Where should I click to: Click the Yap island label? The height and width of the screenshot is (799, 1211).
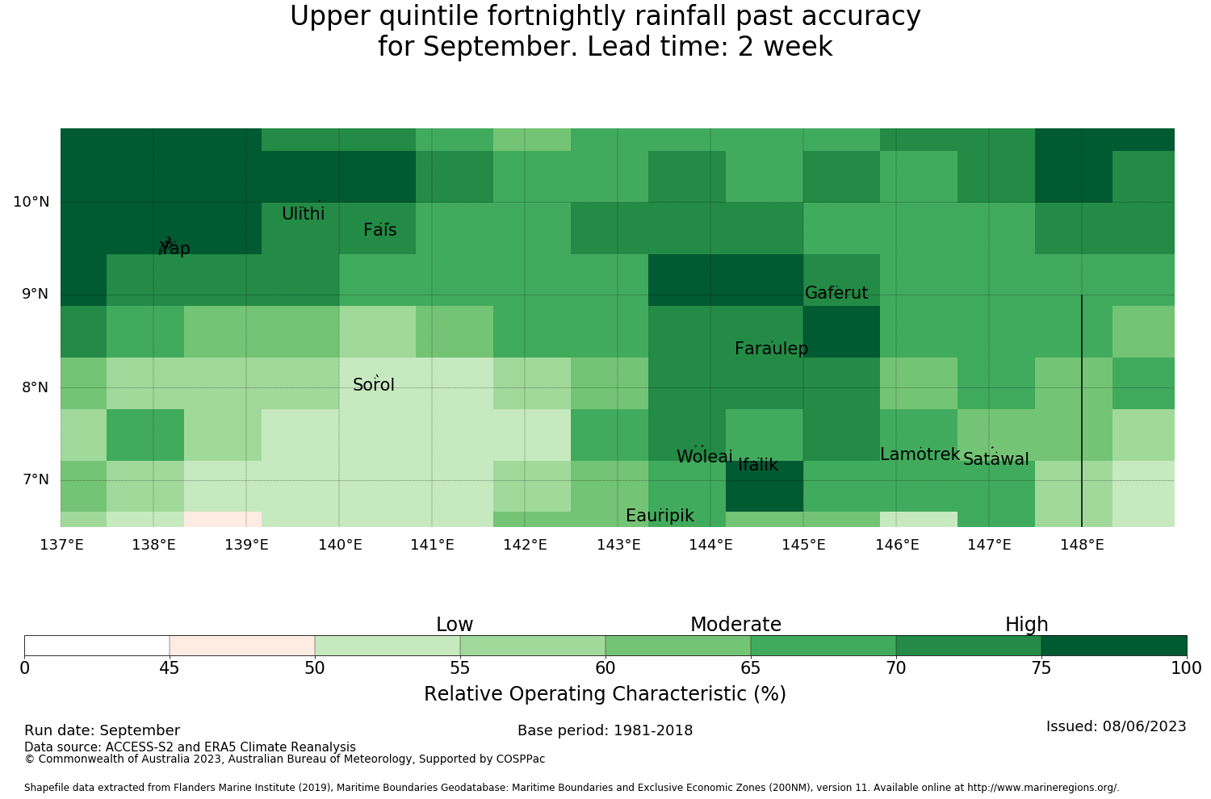(174, 248)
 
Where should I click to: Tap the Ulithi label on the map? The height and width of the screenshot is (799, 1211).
(304, 214)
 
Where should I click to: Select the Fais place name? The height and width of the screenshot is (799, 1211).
(380, 230)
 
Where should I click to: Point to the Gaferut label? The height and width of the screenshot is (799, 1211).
(836, 292)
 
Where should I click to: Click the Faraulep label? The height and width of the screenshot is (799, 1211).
(772, 349)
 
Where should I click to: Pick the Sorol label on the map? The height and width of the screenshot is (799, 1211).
(374, 385)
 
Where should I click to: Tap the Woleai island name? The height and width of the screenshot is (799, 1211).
(705, 456)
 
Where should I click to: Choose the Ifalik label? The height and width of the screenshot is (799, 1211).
(758, 465)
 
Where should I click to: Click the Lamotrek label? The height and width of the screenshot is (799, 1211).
(920, 454)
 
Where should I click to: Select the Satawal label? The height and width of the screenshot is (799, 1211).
(995, 459)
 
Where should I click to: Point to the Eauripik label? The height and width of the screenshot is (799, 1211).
(660, 516)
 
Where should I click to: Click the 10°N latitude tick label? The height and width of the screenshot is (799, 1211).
(31, 202)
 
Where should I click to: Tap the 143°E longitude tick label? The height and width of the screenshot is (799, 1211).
(618, 545)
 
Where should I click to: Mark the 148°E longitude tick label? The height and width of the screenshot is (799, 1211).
(1083, 545)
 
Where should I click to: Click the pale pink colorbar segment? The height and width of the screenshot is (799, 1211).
(242, 646)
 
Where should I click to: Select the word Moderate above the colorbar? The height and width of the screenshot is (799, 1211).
(735, 625)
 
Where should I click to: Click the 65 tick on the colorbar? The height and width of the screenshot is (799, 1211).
(750, 668)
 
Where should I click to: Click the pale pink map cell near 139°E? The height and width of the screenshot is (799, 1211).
(223, 519)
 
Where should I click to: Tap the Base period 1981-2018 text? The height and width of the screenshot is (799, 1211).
(605, 730)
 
